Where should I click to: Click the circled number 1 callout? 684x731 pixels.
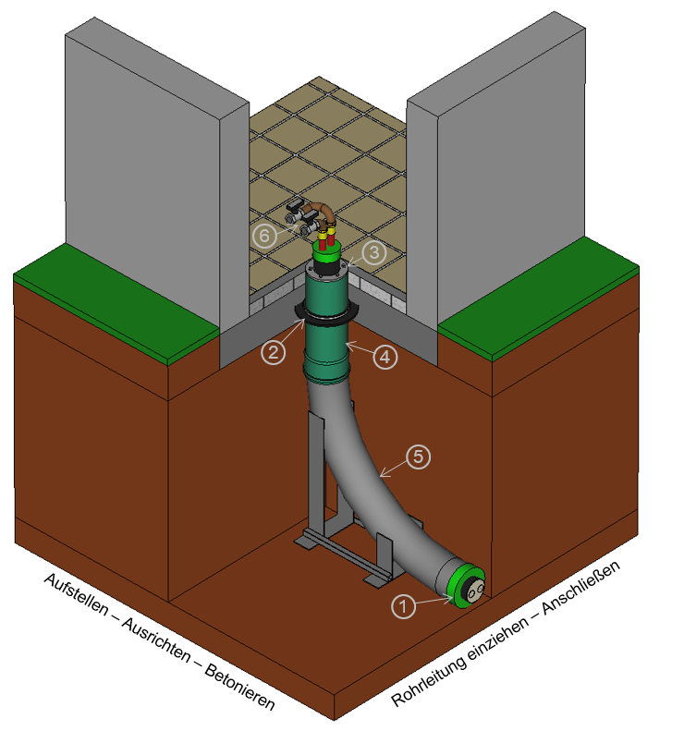point(403,606)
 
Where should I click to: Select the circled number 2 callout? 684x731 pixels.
point(273,352)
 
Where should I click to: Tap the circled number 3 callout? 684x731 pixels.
point(374,252)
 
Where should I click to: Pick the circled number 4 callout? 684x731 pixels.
point(385,357)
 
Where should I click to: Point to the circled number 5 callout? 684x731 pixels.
point(418,457)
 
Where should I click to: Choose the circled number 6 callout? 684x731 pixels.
point(264,236)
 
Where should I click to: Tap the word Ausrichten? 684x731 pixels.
point(156,640)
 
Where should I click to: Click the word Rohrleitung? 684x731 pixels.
point(429,682)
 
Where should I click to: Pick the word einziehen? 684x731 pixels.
point(498,639)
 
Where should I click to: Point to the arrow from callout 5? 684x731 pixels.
point(393,469)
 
